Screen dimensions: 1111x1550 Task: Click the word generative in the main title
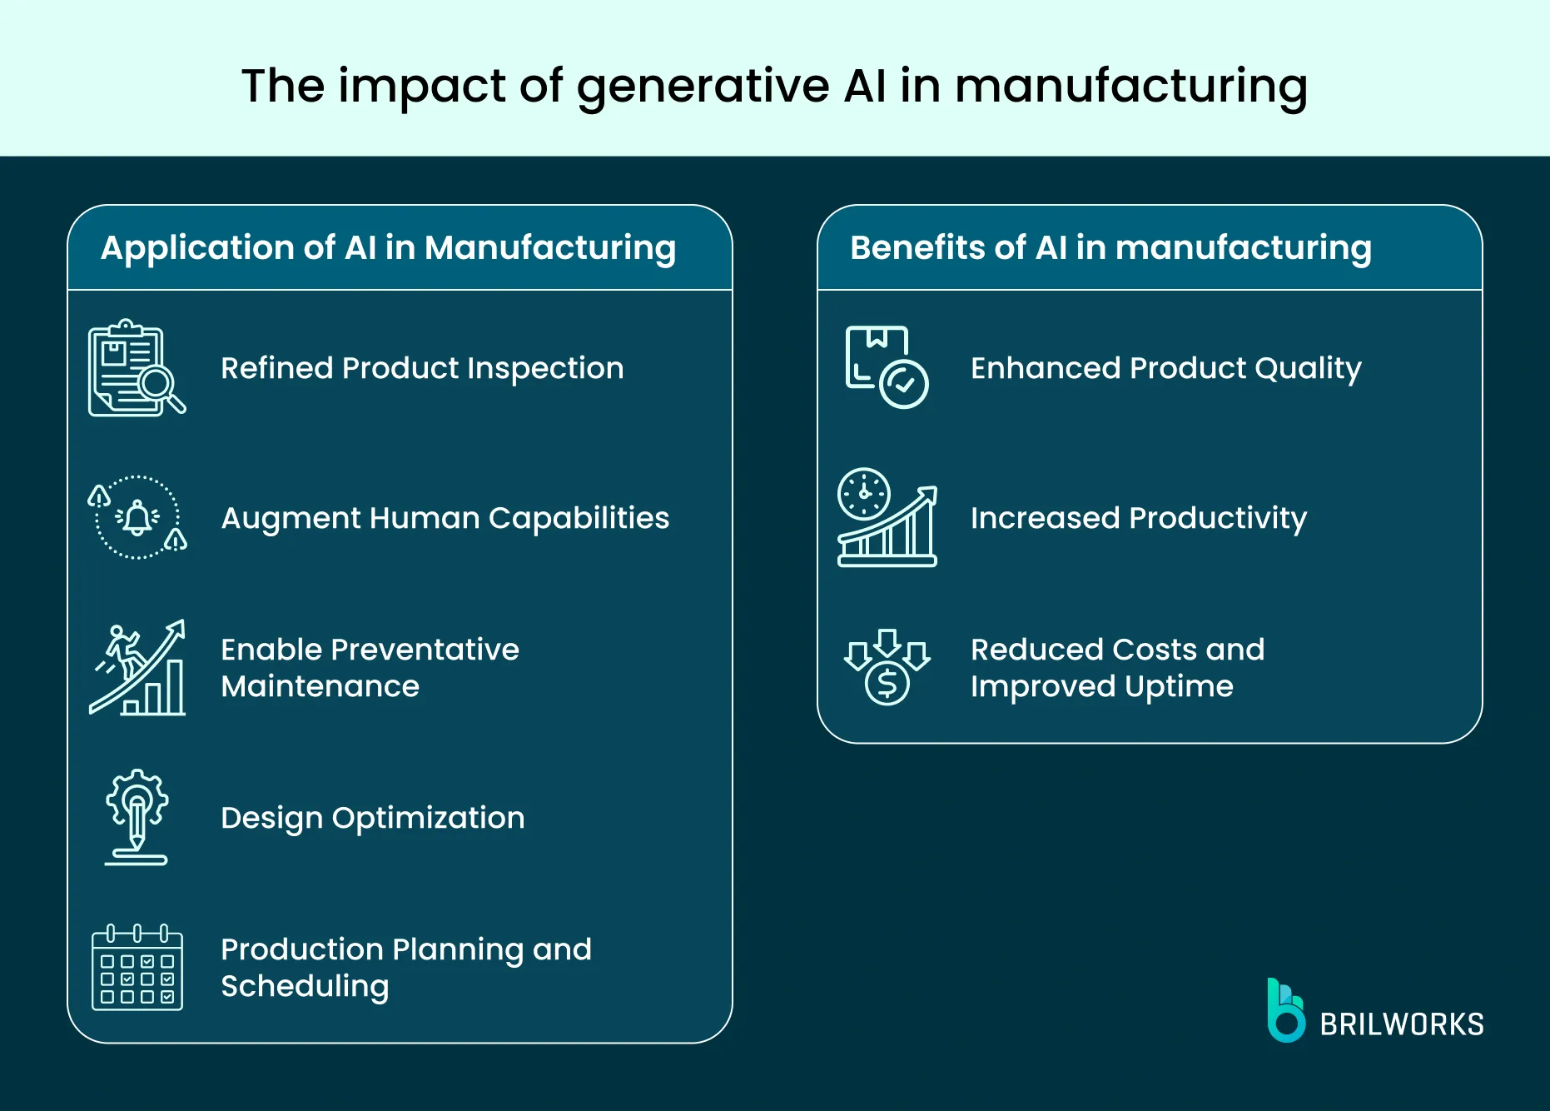[703, 87]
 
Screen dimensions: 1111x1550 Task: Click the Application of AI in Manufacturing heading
[388, 248]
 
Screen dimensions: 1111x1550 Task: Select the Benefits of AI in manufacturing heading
[1110, 248]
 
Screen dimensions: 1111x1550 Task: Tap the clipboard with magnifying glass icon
[136, 368]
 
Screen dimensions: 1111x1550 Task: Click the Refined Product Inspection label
[422, 368]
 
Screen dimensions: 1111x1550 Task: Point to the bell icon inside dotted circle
[137, 517]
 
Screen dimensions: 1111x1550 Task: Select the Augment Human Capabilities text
[445, 518]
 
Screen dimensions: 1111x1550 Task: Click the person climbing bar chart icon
[137, 668]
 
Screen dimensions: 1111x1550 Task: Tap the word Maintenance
[320, 686]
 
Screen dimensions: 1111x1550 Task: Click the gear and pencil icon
[137, 816]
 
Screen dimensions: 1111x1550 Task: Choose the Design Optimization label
[372, 818]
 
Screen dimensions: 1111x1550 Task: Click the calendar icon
[137, 968]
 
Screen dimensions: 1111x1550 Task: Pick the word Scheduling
[305, 987]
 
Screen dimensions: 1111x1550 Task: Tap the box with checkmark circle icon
[886, 367]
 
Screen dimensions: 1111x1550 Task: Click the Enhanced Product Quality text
[1165, 368]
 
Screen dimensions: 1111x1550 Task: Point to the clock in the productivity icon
[863, 494]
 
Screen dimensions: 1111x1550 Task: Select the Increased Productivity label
[1138, 518]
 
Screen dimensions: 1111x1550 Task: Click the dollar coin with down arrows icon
[887, 667]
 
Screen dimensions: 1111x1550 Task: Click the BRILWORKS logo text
[1401, 1024]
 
